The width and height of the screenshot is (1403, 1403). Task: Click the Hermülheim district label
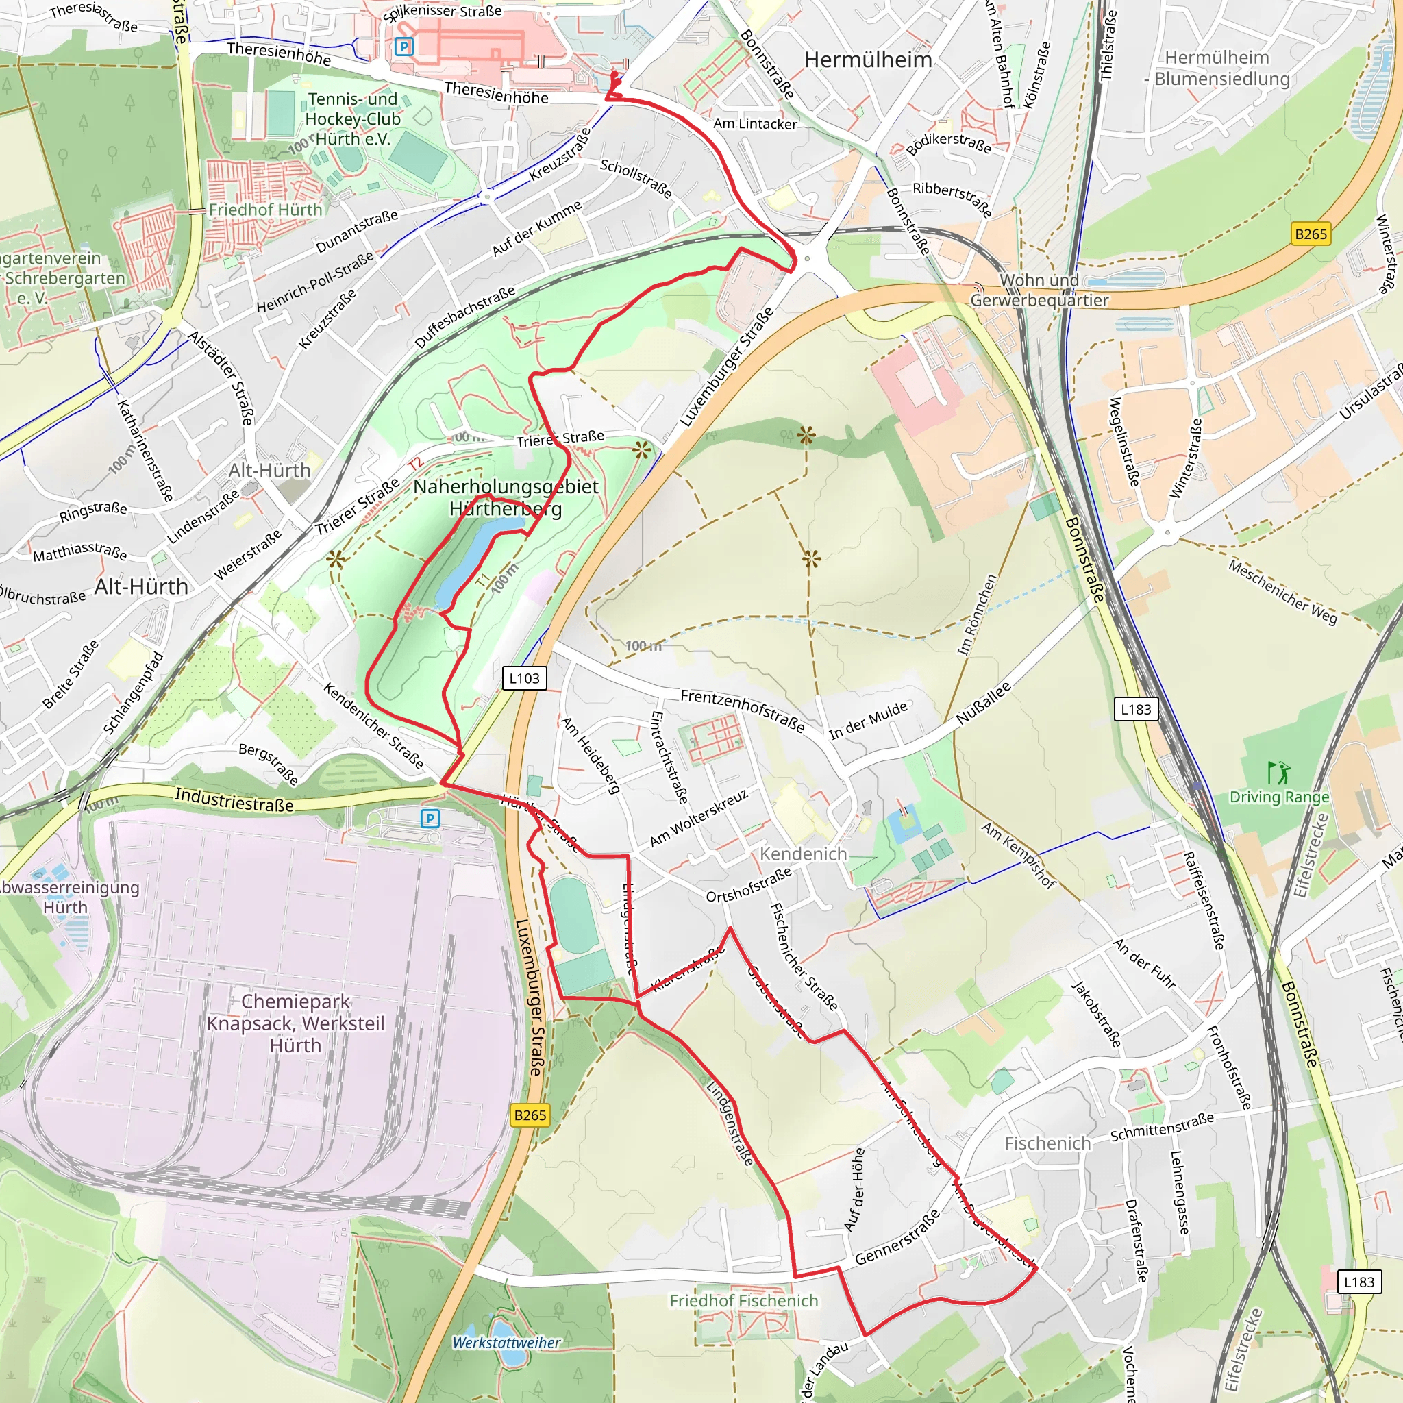(x=867, y=60)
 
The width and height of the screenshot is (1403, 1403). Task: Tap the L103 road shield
(x=523, y=678)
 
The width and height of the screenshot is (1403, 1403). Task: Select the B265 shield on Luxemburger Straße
(x=530, y=1115)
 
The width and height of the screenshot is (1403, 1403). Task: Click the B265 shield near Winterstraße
(x=1311, y=234)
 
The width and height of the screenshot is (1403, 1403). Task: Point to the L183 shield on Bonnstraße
(x=1136, y=709)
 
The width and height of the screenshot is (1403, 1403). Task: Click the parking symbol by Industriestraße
(x=430, y=819)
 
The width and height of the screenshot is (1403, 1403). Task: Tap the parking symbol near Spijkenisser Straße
(x=403, y=47)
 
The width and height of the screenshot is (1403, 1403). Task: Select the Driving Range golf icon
(x=1278, y=772)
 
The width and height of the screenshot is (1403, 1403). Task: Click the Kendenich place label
(x=803, y=854)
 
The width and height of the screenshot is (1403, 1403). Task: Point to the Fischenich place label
(x=1047, y=1144)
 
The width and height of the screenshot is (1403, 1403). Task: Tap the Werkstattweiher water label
(x=506, y=1343)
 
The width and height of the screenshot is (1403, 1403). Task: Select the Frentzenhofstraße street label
(x=742, y=710)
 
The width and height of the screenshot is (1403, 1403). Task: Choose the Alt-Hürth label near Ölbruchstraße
(x=142, y=587)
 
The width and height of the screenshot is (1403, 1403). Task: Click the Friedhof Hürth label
(x=265, y=210)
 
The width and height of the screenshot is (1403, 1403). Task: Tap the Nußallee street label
(x=983, y=703)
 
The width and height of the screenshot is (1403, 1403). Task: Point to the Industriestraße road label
(x=234, y=799)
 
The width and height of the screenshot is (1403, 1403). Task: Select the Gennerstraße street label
(x=897, y=1237)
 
